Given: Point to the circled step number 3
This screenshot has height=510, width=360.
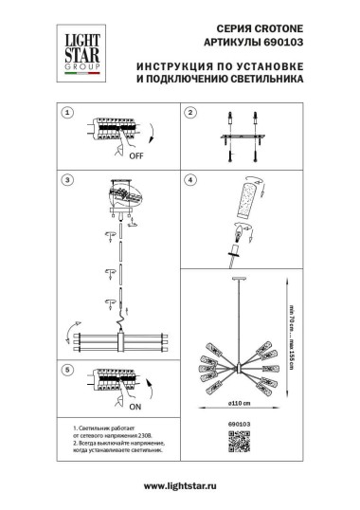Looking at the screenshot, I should click(x=67, y=179).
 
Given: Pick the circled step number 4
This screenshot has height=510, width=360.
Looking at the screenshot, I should click(x=189, y=179).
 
